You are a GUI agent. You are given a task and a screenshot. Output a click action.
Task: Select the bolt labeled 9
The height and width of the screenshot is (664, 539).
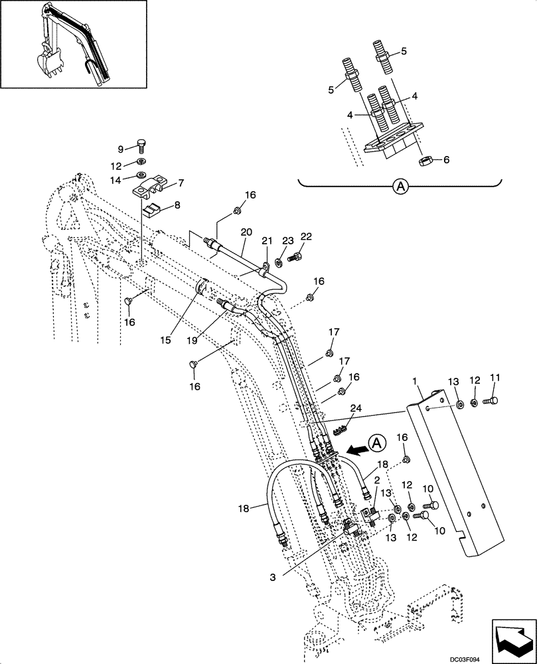tap(141, 146)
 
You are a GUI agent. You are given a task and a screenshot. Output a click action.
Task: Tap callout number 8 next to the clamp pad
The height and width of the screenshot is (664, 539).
tap(177, 207)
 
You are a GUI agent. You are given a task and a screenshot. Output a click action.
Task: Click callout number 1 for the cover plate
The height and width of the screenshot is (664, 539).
tap(414, 383)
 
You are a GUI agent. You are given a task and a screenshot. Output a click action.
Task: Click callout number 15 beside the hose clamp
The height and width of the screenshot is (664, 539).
tap(166, 340)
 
